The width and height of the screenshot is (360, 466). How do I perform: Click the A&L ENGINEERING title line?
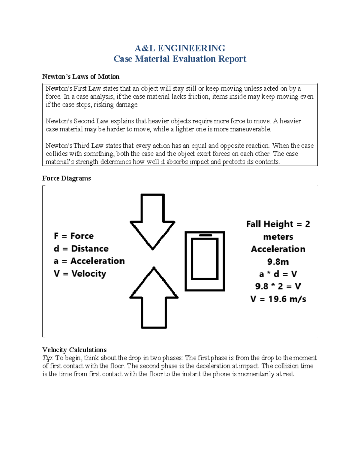pos(180,48)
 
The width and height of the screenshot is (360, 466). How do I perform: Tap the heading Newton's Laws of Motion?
pos(81,77)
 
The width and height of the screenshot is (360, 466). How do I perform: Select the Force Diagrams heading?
pos(66,178)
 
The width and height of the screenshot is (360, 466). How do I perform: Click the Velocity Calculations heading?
pos(74,350)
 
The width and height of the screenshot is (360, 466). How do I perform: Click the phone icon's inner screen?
pos(205,259)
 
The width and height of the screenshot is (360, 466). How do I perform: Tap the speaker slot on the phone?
pos(205,235)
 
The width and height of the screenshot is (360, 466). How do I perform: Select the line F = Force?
pos(74,236)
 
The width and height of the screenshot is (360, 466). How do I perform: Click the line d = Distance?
pos(81,248)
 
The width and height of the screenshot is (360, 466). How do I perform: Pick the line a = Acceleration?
pos(89,261)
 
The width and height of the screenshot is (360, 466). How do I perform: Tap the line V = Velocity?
pos(80,273)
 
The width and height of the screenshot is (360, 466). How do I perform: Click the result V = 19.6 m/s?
pos(278,299)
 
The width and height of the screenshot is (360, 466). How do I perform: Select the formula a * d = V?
pos(278,274)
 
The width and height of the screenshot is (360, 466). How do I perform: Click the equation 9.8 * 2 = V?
pos(278,286)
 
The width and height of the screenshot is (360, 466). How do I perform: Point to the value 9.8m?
pos(278,262)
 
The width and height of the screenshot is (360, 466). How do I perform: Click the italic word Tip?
pos(47,358)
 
